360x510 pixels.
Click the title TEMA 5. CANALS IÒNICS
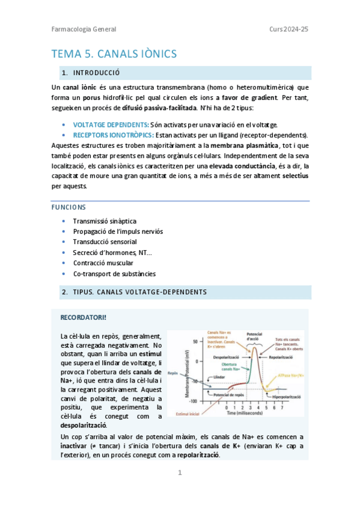[x=114, y=54]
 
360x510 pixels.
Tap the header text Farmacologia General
[x=84, y=29]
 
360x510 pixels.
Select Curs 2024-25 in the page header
[x=289, y=29]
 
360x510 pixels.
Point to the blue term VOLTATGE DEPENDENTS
[x=111, y=124]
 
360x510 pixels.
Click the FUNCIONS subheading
[x=69, y=207]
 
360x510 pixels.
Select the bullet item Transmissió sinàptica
[x=105, y=221]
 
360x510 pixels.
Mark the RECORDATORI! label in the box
[x=84, y=317]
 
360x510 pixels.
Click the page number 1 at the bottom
[x=179, y=473]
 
